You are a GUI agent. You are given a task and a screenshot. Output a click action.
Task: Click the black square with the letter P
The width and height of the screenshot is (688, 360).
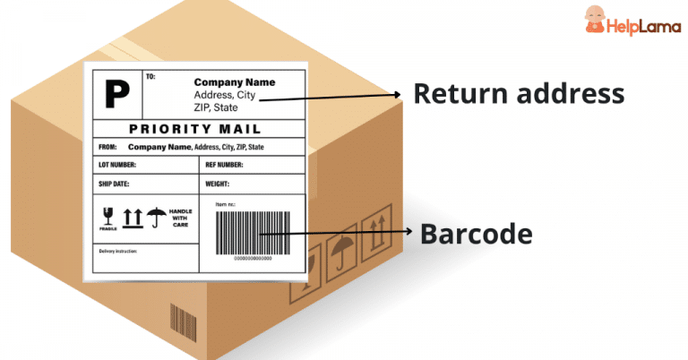tap(116, 91)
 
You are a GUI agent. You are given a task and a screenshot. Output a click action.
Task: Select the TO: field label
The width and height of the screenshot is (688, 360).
tap(150, 77)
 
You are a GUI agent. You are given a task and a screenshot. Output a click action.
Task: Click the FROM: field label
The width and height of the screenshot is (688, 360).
tap(107, 147)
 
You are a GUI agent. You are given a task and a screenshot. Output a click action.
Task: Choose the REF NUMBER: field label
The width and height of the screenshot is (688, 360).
tap(224, 165)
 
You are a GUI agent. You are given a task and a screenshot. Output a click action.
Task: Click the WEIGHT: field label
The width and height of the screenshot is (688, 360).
tap(218, 184)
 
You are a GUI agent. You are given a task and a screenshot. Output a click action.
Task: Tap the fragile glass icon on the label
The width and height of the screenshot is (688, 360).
tap(108, 216)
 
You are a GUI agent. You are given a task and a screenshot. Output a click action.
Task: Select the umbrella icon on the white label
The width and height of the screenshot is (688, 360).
tap(157, 215)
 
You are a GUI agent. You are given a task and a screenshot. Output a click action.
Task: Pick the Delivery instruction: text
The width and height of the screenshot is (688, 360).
tap(117, 252)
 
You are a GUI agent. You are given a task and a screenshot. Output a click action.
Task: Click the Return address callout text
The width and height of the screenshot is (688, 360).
tap(518, 92)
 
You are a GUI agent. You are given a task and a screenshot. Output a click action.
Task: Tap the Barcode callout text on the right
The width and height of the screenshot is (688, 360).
tap(477, 235)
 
